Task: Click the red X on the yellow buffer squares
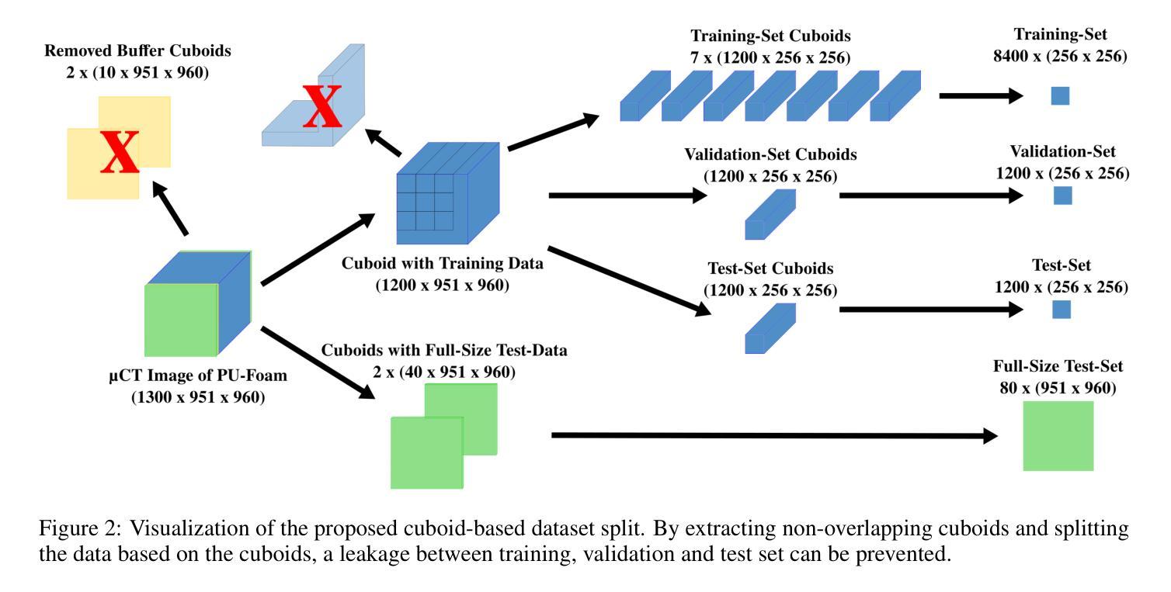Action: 120,151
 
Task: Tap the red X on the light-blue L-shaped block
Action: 321,108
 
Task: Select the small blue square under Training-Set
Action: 1060,96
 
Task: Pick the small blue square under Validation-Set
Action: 1062,196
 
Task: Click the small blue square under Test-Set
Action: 1062,310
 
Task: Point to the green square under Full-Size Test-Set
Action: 1058,436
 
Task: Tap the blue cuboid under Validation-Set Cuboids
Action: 770,214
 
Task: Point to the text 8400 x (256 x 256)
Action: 1071,55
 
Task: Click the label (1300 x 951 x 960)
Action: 197,398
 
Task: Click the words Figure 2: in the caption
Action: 78,530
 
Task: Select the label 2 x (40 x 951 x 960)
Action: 443,372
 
